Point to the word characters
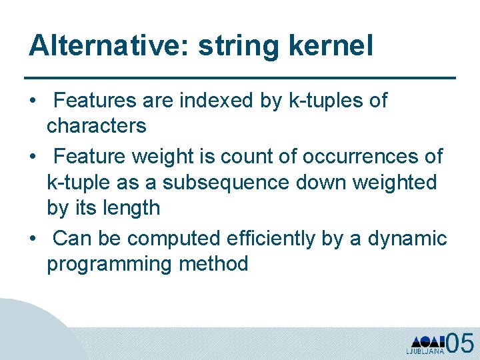point(96,126)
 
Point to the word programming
point(109,264)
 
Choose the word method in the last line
point(213,264)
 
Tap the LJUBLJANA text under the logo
point(425,351)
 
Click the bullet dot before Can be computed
point(33,239)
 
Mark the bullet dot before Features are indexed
point(33,101)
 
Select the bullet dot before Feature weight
point(33,157)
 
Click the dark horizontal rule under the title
point(240,78)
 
